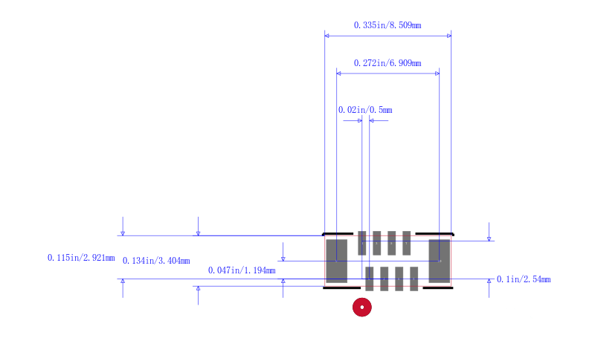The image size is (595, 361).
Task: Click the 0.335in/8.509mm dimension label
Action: coord(387,25)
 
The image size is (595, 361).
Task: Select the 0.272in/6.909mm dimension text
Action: coord(387,63)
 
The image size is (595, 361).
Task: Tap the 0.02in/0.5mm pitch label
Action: coord(365,110)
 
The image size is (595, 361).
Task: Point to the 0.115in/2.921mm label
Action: coord(81,258)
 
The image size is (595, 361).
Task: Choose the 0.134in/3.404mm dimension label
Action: coord(156,261)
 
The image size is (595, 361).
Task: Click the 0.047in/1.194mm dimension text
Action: coord(242,270)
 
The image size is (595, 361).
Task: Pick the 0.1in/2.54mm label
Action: coord(524,279)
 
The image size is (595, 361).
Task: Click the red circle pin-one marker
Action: coord(362,308)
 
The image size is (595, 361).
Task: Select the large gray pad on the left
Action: coord(337,261)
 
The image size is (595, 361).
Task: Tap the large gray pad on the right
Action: coord(440,261)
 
